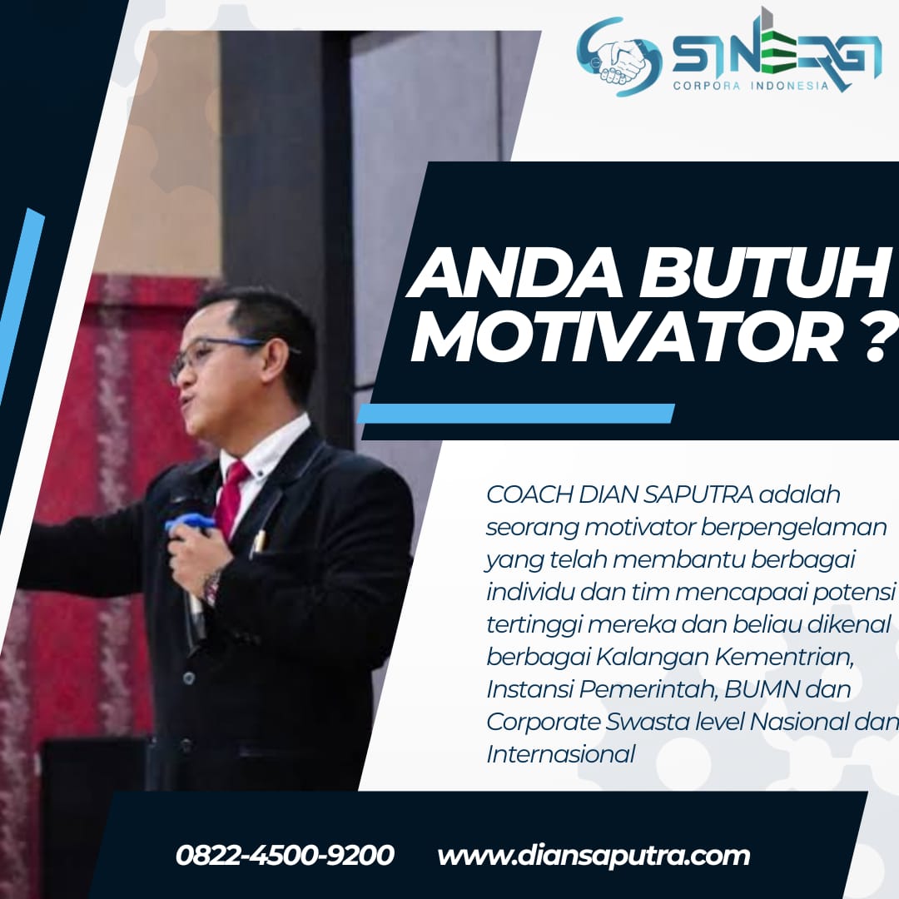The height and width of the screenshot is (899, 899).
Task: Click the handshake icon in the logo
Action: point(621,58)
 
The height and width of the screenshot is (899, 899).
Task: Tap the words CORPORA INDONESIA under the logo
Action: point(751,86)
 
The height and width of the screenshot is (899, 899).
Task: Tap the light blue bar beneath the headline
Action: point(516,414)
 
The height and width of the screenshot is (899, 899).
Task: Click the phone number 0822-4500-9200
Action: point(285,855)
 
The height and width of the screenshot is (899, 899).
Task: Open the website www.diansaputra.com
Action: point(594,856)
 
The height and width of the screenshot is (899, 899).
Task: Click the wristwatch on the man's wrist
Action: point(211,587)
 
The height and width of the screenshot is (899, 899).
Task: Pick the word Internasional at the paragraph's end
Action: point(561,753)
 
